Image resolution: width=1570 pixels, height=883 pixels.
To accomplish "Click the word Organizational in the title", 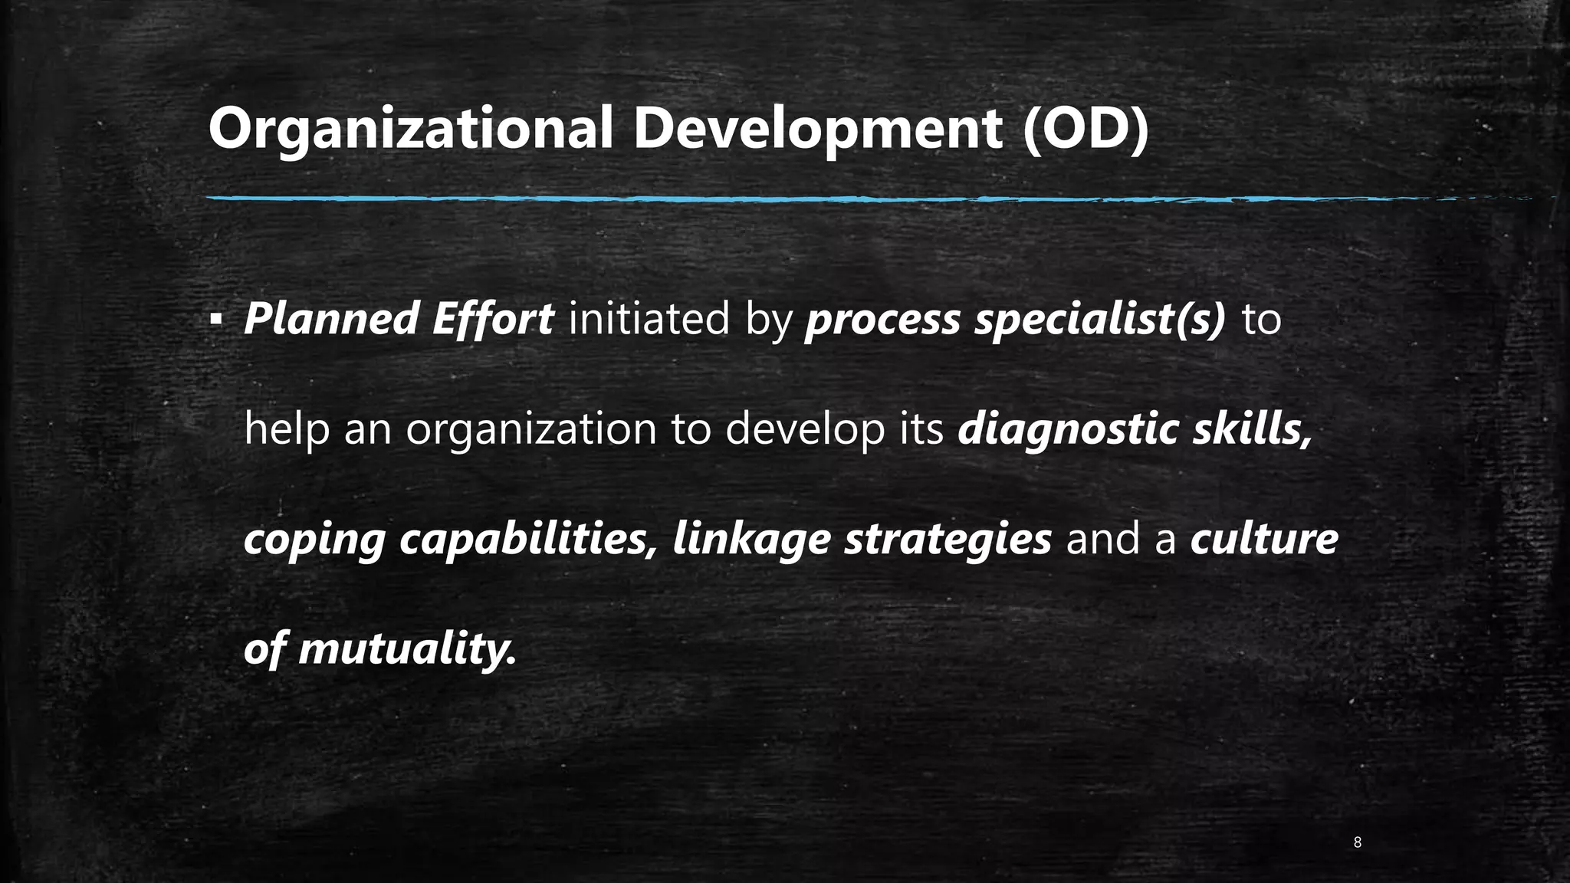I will tap(410, 129).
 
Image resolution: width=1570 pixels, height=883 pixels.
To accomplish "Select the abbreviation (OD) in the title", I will tap(1086, 129).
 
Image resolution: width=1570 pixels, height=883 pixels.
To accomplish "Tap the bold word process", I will tap(882, 320).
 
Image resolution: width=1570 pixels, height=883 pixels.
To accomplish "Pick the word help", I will tap(287, 429).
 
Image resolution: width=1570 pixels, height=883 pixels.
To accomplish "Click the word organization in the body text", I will tap(531, 431).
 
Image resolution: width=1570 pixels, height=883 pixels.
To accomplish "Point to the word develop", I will tap(805, 431).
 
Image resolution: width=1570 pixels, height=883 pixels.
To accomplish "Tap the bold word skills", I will tap(1252, 429).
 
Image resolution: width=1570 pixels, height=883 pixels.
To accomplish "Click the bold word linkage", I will tap(751, 540).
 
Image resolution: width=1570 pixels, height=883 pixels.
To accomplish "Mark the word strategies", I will tap(948, 540).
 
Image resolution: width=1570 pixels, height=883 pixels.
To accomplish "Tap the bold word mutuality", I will tap(407, 650).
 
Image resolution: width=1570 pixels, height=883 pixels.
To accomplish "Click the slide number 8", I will tap(1358, 843).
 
